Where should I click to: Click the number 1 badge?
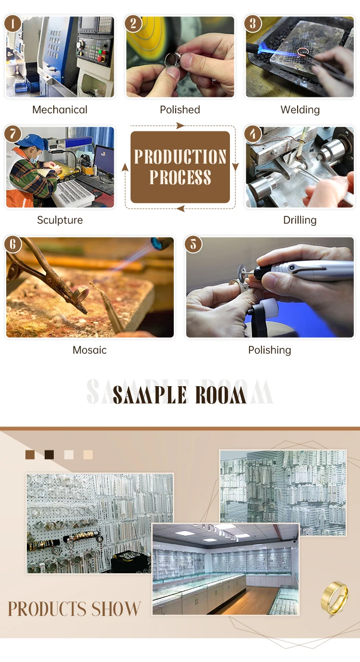(12, 24)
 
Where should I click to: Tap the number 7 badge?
(12, 134)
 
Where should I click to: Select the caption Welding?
(300, 110)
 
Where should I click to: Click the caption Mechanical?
(60, 110)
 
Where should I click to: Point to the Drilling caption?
(300, 220)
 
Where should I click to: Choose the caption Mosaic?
(89, 350)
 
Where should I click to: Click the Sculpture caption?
(60, 220)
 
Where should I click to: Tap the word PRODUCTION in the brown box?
(180, 156)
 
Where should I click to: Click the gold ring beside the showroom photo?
(335, 598)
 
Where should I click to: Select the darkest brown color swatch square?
(49, 455)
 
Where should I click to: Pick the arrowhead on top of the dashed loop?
(180, 126)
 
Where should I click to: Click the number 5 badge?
(193, 244)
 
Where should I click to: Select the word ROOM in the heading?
(220, 395)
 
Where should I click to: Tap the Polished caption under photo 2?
(180, 110)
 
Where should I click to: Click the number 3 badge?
(252, 24)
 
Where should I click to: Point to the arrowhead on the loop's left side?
(125, 167)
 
